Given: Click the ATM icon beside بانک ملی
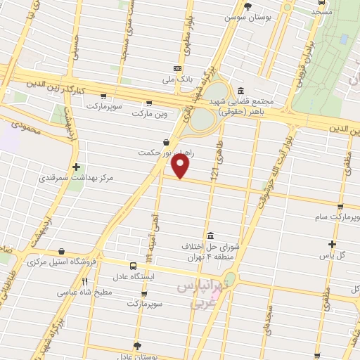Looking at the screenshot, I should [177, 68].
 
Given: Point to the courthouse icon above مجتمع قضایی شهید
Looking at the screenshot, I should [241, 91].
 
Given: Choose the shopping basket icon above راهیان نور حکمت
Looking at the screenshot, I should [165, 141].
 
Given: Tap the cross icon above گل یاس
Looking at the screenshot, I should [333, 245].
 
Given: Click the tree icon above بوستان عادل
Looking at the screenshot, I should [136, 345].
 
